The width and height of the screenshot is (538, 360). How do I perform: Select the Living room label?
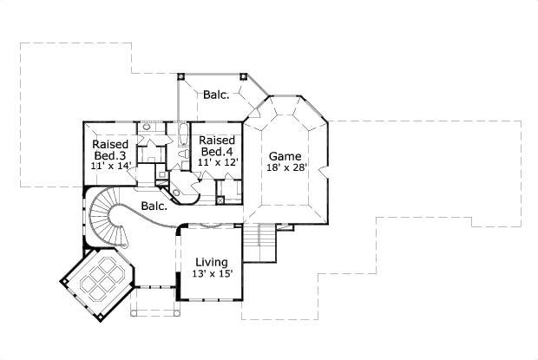[x=211, y=261]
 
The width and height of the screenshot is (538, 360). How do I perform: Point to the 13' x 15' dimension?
[x=211, y=274]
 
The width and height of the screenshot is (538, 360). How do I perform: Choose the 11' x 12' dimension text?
[x=217, y=162]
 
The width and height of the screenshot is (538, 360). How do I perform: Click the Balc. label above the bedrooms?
[x=216, y=95]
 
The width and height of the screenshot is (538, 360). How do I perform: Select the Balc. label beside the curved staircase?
[x=154, y=206]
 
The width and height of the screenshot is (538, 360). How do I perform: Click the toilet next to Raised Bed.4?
[x=184, y=154]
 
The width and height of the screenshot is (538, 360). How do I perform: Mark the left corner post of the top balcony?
[x=180, y=75]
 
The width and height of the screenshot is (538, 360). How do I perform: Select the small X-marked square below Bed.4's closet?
[x=220, y=200]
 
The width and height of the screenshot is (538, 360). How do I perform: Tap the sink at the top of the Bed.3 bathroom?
[x=148, y=128]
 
